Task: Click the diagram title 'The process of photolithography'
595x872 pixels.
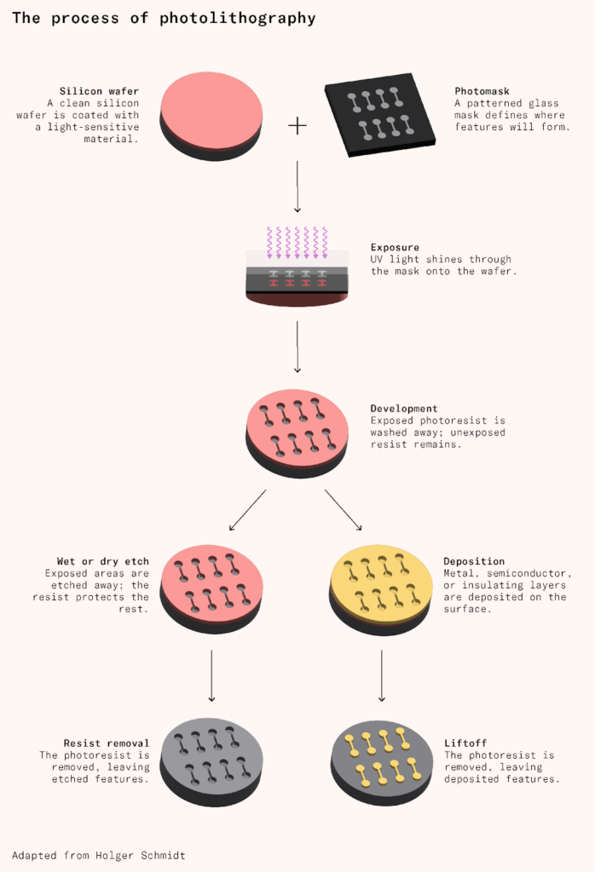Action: coord(164,18)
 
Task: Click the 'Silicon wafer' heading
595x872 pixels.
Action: coord(99,91)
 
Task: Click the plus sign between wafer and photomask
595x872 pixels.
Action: coord(297,126)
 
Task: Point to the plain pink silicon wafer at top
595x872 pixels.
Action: coord(211,114)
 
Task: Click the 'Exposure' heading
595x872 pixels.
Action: coord(395,247)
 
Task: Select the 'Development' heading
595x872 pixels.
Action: coord(404,409)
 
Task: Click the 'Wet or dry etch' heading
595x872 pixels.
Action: coord(103,561)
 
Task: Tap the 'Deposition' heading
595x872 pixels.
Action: coord(474,561)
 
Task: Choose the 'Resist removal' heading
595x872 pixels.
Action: coord(107,743)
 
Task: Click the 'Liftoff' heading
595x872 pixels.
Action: coord(465,743)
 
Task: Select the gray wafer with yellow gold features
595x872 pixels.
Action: coord(381,760)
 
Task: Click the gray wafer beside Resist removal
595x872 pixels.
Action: coord(211,760)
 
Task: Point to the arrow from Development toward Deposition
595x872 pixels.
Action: coord(343,509)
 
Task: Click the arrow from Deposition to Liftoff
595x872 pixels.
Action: coord(381,676)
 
